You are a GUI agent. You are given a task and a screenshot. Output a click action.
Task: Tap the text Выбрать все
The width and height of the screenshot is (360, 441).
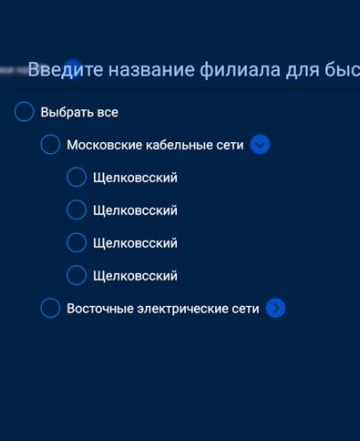click(x=79, y=112)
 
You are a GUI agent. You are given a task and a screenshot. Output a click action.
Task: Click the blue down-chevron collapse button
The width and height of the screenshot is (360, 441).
click(x=260, y=145)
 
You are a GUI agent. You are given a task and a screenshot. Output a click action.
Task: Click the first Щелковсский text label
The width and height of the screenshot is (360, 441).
click(x=135, y=178)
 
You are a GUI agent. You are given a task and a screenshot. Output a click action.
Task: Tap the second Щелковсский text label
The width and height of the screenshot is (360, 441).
click(x=135, y=211)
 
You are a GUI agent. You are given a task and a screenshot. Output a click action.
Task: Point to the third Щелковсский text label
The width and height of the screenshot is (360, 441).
click(x=135, y=244)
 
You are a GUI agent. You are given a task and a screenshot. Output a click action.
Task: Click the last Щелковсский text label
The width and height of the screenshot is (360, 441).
click(x=135, y=276)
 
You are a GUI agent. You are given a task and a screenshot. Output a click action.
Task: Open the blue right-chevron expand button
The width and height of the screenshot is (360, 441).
click(x=276, y=309)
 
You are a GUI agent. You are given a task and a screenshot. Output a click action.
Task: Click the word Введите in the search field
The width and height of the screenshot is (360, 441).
click(x=66, y=70)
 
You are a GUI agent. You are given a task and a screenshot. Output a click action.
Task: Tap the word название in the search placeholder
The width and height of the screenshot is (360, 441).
click(x=151, y=70)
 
